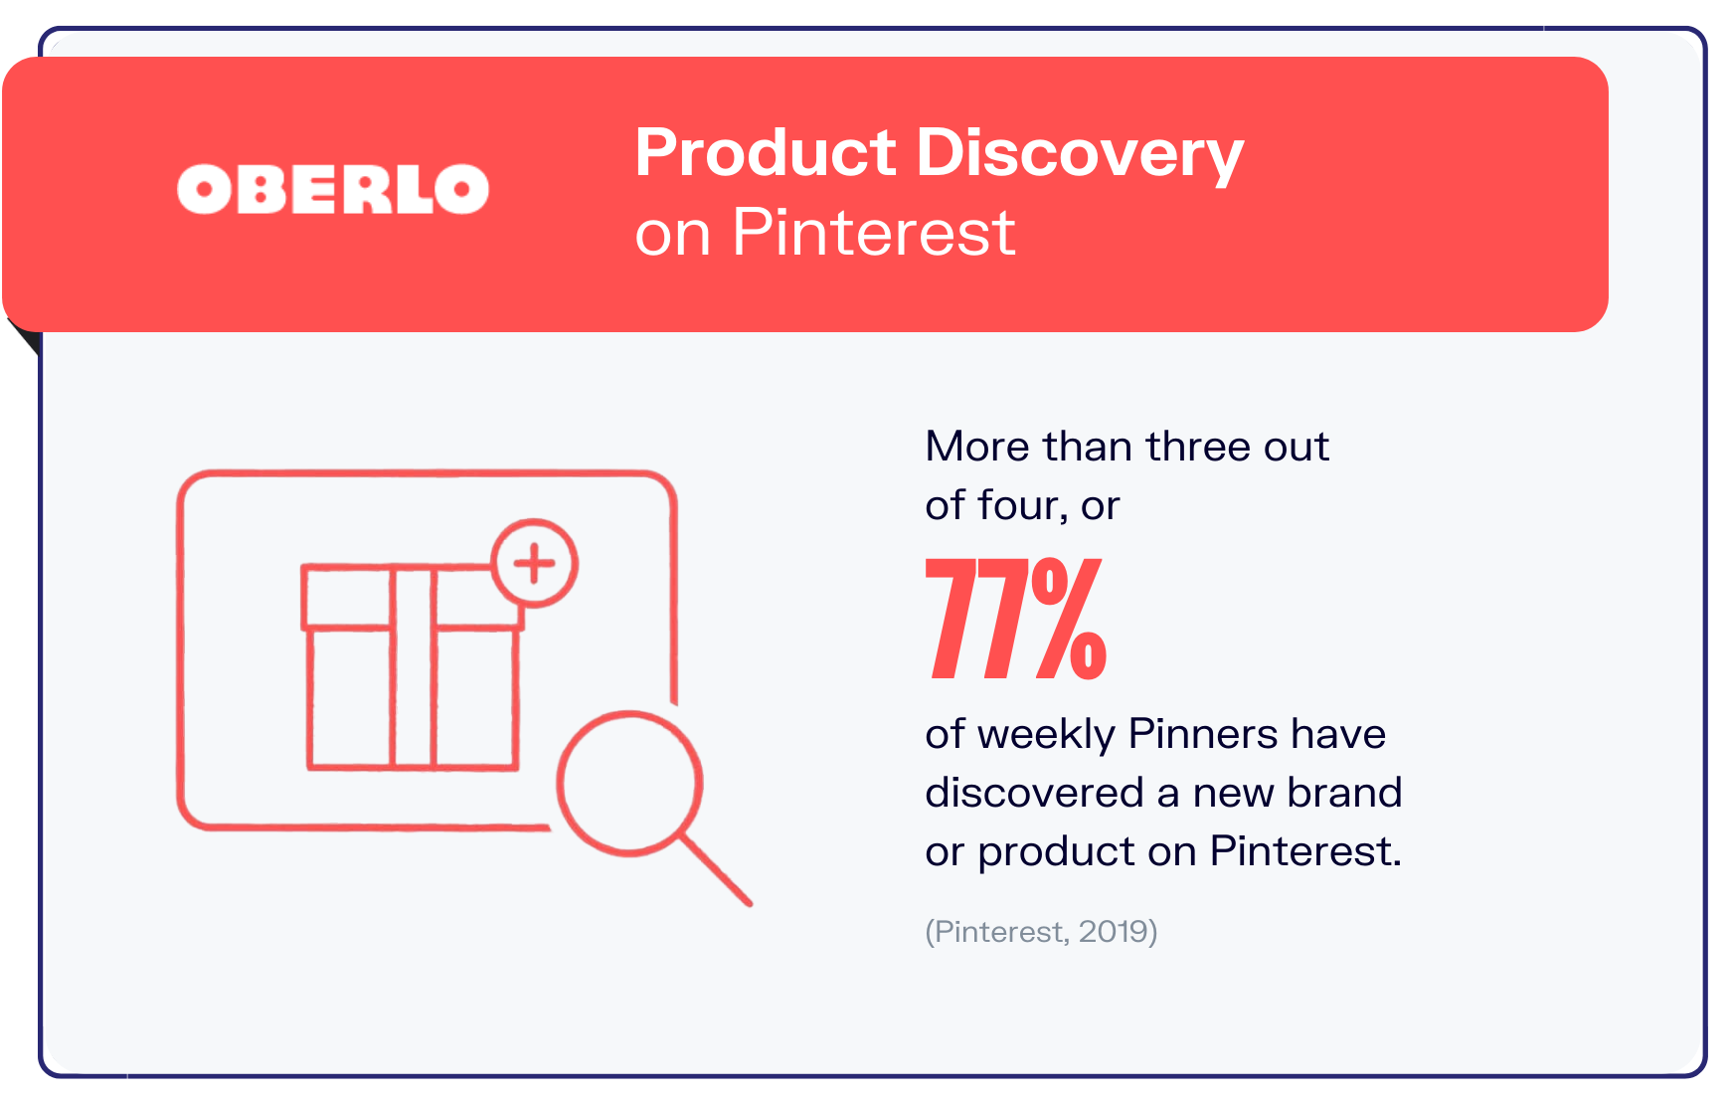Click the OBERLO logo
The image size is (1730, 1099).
click(333, 189)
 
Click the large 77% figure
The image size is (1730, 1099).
click(1015, 619)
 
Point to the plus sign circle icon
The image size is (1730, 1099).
click(535, 563)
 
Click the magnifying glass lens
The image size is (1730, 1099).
click(629, 783)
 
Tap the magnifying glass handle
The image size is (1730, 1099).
click(716, 870)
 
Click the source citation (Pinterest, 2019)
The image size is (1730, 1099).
click(1041, 932)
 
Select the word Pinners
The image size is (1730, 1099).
click(1202, 735)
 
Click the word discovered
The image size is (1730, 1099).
click(1034, 794)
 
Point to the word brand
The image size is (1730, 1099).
click(1344, 794)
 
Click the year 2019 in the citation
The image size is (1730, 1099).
click(1114, 932)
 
